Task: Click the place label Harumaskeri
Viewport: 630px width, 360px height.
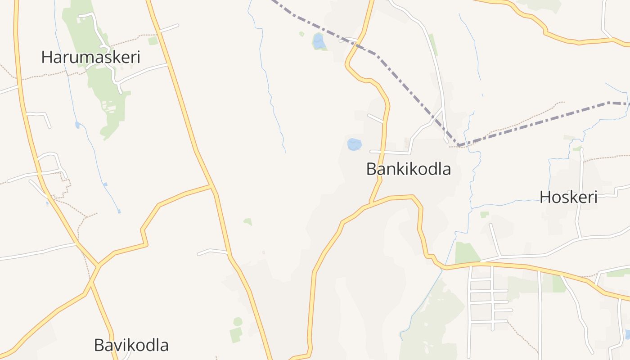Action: [90, 57]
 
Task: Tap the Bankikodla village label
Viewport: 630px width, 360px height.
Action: [408, 169]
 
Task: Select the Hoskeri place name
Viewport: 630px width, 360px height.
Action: [568, 197]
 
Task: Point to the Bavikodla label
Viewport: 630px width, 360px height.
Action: [131, 345]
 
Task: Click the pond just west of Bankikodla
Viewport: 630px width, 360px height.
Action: [354, 144]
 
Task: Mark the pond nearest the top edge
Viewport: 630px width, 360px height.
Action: [319, 41]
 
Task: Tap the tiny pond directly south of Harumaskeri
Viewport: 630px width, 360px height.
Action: [77, 125]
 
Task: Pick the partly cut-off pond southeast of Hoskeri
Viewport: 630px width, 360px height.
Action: [627, 334]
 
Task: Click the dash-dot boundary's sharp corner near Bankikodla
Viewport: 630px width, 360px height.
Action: [459, 145]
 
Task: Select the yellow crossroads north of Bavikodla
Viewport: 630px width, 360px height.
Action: [97, 266]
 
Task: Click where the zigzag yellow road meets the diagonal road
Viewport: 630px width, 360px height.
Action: [212, 185]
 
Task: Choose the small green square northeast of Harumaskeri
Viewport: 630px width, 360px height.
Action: [153, 41]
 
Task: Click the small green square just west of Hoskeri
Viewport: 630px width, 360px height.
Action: [484, 215]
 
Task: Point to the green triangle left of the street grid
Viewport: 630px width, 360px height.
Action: [466, 253]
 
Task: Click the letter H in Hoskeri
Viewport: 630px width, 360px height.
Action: [545, 197]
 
